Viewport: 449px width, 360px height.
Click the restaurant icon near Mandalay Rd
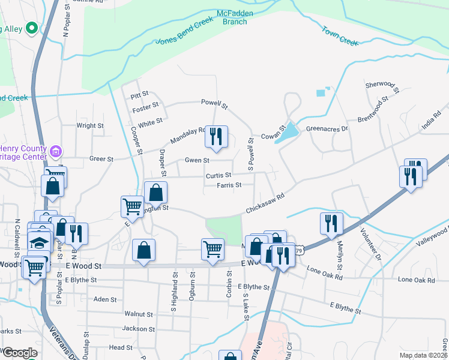(216, 136)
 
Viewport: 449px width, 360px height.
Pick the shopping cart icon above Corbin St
(212, 248)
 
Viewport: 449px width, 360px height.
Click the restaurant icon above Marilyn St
(331, 223)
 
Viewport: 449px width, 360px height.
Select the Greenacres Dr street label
(327, 128)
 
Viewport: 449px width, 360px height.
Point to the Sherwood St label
(382, 87)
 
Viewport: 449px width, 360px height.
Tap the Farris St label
(229, 185)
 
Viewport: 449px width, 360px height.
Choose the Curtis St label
(218, 176)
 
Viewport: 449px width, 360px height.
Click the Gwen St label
(197, 161)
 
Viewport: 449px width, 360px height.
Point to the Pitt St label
(139, 95)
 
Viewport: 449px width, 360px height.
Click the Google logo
(20, 352)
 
